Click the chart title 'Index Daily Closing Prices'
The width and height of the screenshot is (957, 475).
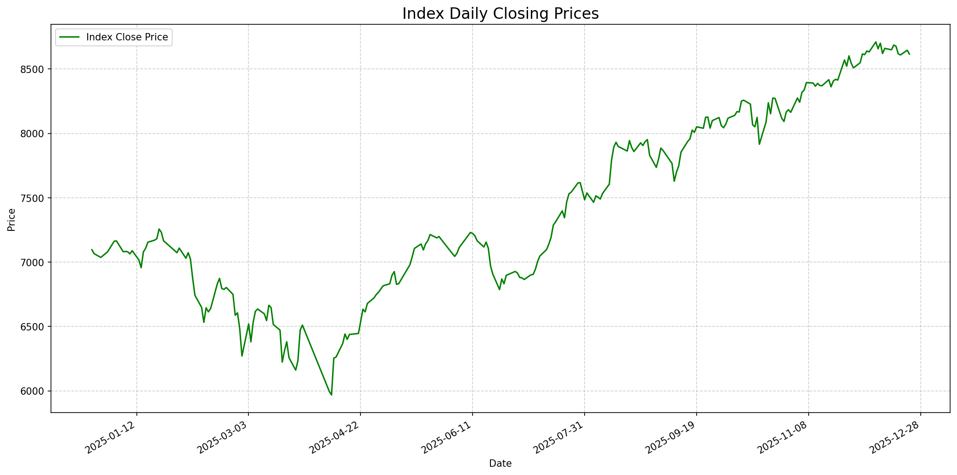[x=500, y=14]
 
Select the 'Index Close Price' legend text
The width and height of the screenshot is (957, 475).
[x=127, y=37]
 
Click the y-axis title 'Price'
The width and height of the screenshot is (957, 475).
[x=11, y=219]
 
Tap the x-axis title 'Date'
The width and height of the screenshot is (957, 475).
[x=500, y=464]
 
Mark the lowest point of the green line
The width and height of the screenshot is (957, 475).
[x=332, y=395]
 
